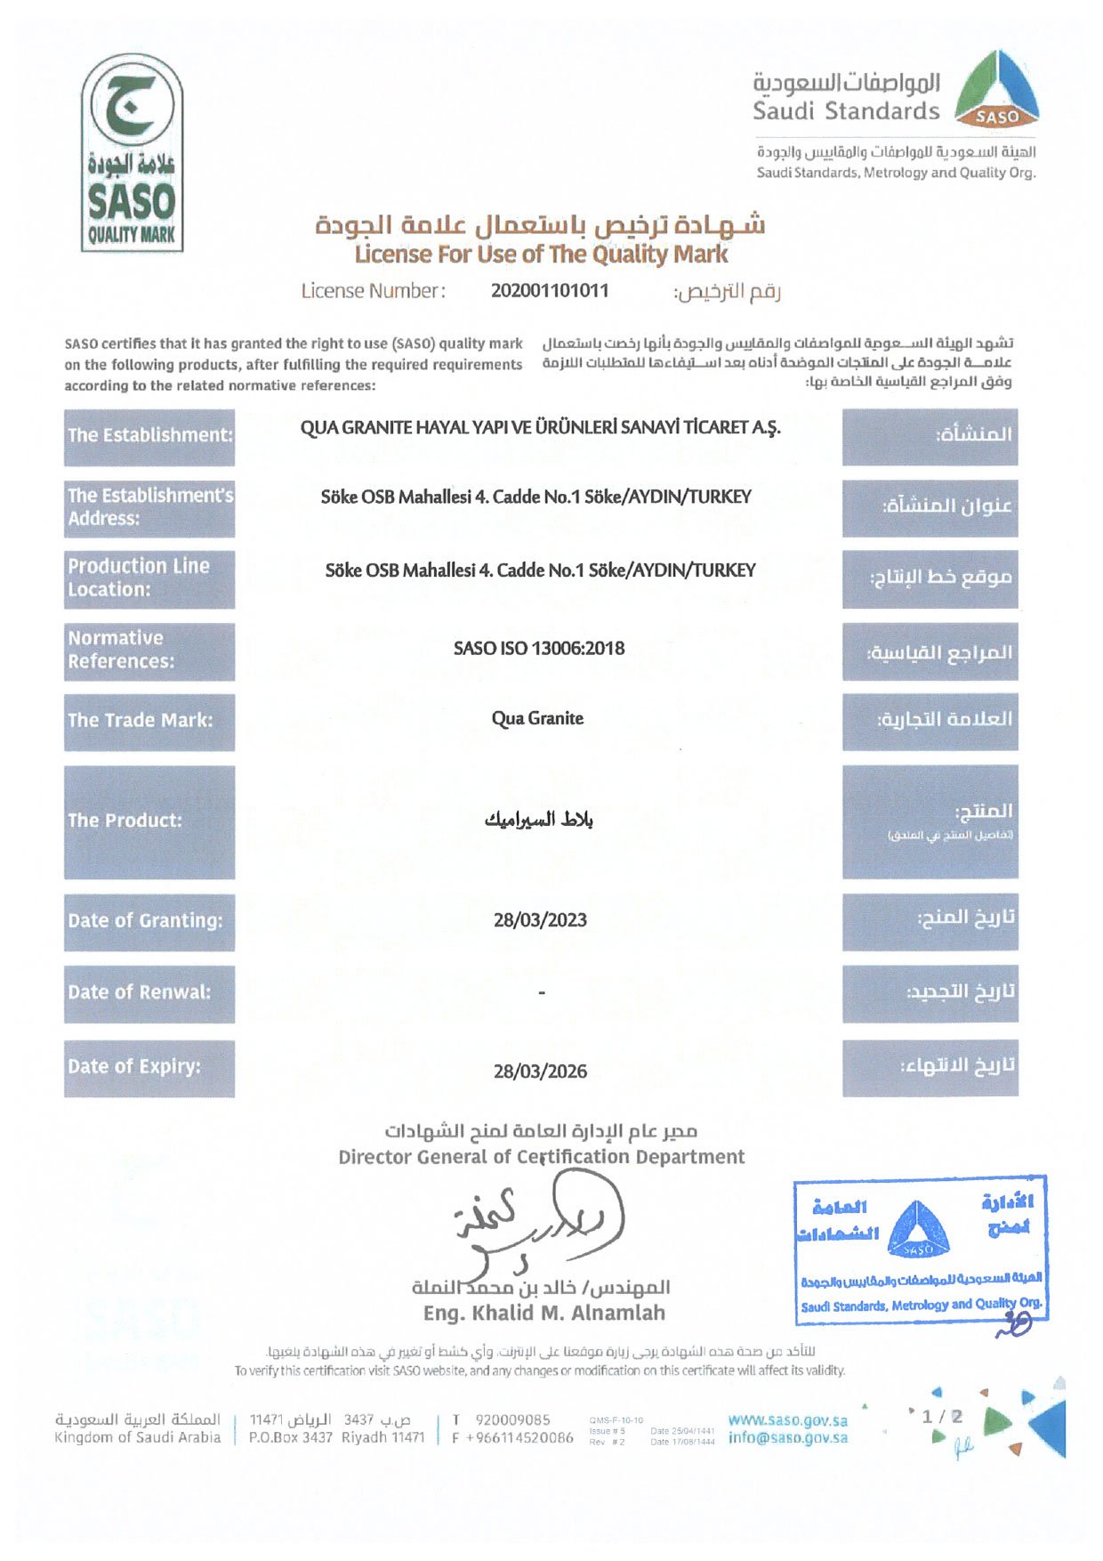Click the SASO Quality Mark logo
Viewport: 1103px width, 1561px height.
click(132, 152)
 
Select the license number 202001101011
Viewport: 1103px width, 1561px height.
click(550, 290)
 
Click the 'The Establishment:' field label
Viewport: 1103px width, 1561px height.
click(149, 436)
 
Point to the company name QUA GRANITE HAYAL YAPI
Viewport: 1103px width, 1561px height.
click(540, 427)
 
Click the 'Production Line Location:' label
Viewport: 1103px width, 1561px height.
click(149, 578)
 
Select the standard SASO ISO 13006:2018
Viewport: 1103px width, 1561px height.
click(539, 648)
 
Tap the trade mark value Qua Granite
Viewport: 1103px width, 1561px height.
click(537, 718)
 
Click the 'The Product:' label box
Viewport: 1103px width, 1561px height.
click(149, 821)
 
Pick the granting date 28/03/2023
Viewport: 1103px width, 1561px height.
click(540, 920)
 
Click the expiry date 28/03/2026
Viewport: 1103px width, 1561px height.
click(540, 1072)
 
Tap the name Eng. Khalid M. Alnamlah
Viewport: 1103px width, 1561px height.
click(543, 1314)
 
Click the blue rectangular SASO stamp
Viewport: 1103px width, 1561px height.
click(920, 1250)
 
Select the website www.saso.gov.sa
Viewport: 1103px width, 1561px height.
click(787, 1420)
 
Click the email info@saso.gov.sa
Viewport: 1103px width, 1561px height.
click(787, 1438)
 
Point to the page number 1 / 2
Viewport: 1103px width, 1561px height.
click(941, 1416)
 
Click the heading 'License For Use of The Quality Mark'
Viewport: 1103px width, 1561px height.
click(541, 255)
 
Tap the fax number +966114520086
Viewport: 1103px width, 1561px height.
click(519, 1438)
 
